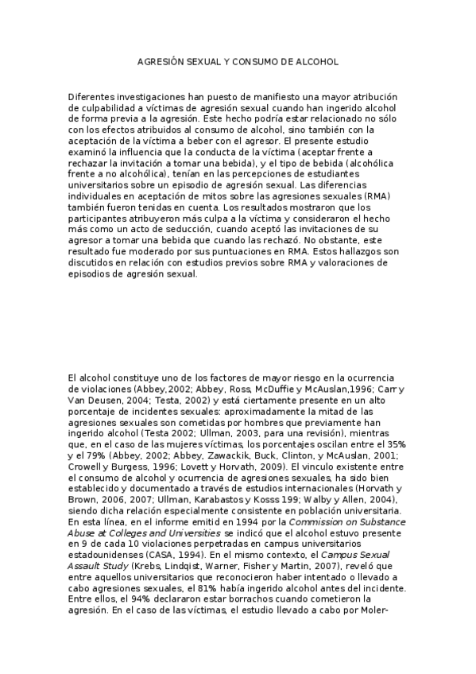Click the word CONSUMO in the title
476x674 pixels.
click(x=253, y=60)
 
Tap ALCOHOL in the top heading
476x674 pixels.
click(x=316, y=60)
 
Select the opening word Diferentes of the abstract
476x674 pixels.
click(x=93, y=95)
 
